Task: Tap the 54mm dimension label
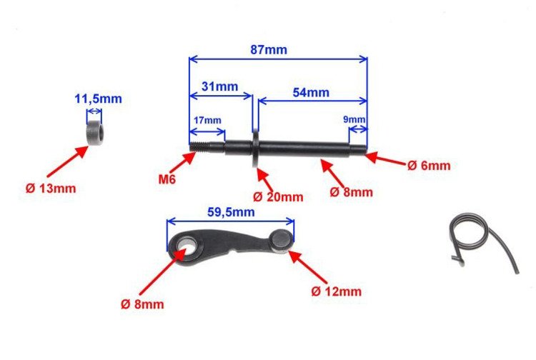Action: click(x=310, y=92)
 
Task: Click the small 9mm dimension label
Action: click(x=354, y=119)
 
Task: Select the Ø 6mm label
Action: click(x=429, y=166)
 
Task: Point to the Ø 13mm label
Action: click(x=50, y=189)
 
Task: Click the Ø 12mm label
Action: click(x=337, y=291)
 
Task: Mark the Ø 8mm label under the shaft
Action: click(x=353, y=192)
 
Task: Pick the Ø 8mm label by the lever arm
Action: click(x=143, y=304)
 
